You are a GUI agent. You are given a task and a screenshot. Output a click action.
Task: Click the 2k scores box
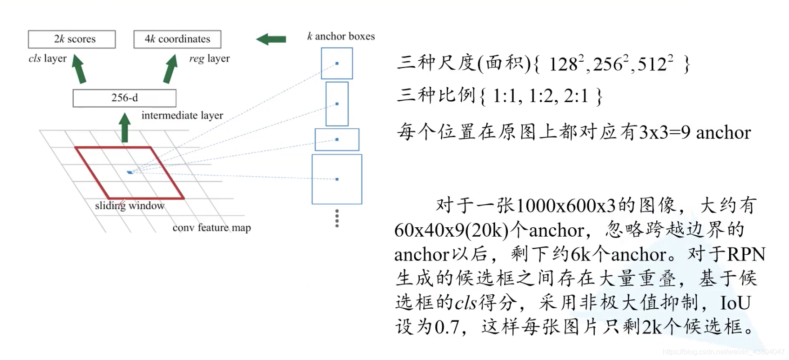pos(72,39)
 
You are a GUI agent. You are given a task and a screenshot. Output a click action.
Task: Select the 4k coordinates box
pos(177,39)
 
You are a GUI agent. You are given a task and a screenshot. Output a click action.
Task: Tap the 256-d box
pos(125,98)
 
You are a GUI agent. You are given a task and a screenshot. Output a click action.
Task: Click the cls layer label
pos(47,58)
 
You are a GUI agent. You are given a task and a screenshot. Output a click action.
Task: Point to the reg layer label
pos(209,58)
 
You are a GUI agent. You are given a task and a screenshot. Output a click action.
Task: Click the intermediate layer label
pos(182,116)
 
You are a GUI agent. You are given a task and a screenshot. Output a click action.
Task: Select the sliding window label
pos(130,206)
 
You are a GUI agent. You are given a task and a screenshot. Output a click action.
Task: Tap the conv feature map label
pos(211,228)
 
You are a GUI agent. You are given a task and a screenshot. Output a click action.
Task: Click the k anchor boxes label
pos(341,36)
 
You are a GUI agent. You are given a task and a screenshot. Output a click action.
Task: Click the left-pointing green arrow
pos(271,40)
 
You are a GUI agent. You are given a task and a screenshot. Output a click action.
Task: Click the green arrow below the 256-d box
pos(125,128)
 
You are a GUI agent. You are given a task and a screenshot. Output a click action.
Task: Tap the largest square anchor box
pos(337,179)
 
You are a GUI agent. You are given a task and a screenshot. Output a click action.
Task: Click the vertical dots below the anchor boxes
pos(337,218)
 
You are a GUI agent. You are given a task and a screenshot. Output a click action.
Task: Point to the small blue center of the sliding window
pos(130,172)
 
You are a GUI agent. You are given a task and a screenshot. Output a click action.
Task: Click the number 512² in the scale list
pos(655,64)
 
